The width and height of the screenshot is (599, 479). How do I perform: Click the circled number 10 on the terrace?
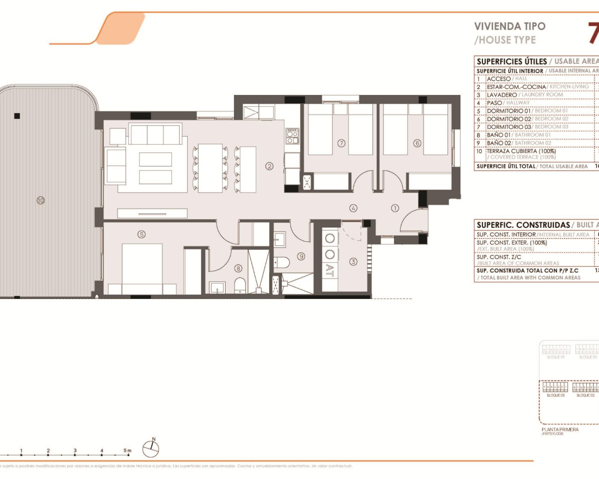[x=41, y=200]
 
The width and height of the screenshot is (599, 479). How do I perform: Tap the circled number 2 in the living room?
[x=269, y=166]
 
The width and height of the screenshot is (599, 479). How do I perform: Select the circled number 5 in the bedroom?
[x=141, y=234]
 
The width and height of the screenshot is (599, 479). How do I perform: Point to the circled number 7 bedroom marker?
[x=341, y=143]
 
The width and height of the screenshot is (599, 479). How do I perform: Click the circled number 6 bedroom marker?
[x=417, y=143]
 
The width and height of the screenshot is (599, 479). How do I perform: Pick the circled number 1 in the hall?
[x=395, y=208]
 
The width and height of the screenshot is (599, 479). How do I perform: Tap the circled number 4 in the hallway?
[x=353, y=208]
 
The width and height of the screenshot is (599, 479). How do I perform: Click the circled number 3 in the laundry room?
[x=353, y=262]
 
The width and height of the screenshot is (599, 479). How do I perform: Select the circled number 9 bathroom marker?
[x=301, y=256]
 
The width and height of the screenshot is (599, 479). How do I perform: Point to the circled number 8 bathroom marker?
[x=238, y=269]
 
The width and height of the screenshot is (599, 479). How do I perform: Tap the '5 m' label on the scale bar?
[x=127, y=451]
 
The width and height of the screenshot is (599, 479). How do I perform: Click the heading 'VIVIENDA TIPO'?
[x=510, y=27]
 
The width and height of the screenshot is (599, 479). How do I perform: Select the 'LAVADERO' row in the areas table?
[x=502, y=95]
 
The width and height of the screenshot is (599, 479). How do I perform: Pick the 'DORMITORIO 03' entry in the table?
[x=509, y=127]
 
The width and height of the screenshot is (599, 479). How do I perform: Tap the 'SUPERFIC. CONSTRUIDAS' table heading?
[x=523, y=225]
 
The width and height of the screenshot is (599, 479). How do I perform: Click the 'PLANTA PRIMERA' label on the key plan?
[x=560, y=429]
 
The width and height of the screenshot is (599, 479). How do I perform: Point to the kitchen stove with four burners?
[x=292, y=136]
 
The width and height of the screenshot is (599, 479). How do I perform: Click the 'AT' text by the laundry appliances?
[x=330, y=270]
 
